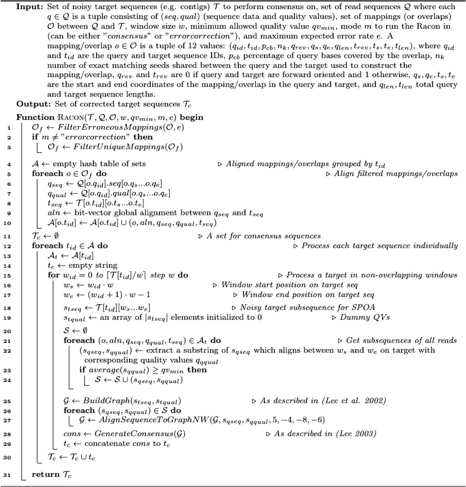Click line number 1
tap(9, 128)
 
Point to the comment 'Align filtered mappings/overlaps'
tap(396, 173)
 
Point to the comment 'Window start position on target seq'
tap(289, 285)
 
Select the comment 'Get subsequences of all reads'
tap(401, 340)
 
